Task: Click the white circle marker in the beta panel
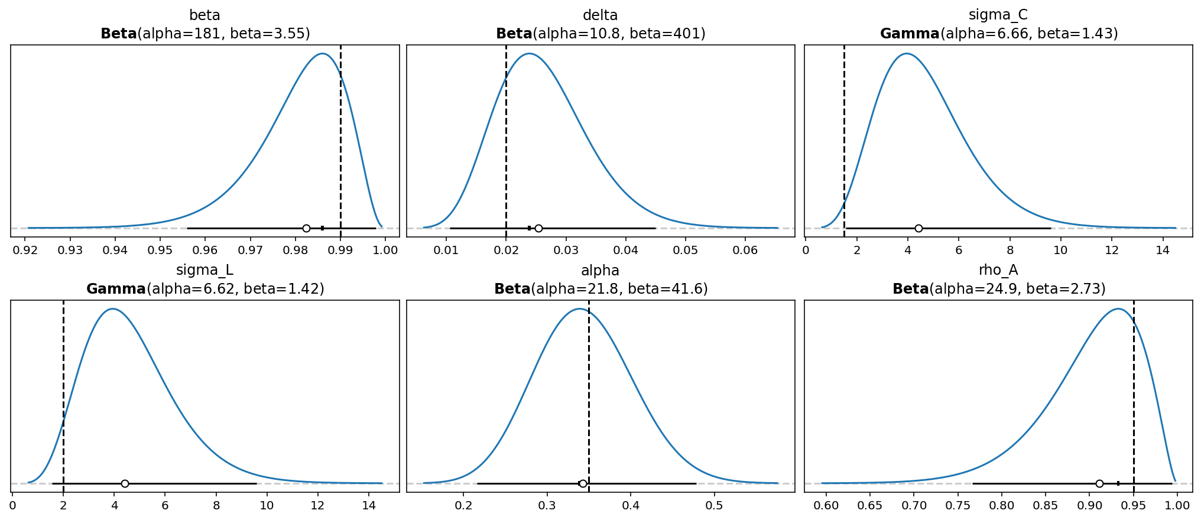coord(306,228)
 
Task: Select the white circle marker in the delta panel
coord(538,228)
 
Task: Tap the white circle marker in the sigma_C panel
coord(918,228)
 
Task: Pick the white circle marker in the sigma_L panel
coord(125,483)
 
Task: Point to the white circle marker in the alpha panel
coord(583,483)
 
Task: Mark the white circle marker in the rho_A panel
coord(1099,483)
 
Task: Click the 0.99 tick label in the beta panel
coord(340,250)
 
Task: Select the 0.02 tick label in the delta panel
coord(506,250)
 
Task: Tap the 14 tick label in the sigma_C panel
coord(1163,250)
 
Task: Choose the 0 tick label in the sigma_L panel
coord(12,505)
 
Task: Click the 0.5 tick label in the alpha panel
coord(715,505)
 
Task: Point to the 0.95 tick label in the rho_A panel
coord(1134,505)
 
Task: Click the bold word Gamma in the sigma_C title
coord(910,34)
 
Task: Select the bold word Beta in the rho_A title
coord(910,289)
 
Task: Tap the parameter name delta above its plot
coord(600,15)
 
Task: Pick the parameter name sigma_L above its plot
coord(205,270)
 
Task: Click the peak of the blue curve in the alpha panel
coord(579,308)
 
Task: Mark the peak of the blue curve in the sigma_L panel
coord(112,308)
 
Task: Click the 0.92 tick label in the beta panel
coord(25,250)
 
